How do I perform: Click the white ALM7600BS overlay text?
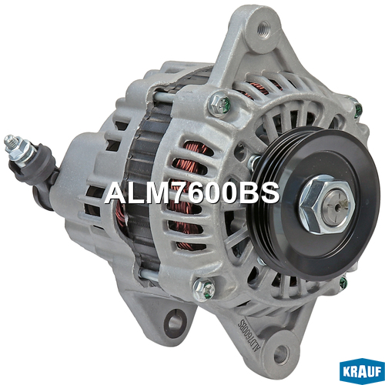(192, 193)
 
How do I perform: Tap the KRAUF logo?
(362, 372)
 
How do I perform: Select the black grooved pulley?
(314, 203)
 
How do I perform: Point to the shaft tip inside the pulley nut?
(336, 205)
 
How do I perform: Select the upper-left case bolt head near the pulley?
(219, 104)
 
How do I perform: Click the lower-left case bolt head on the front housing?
(204, 290)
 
